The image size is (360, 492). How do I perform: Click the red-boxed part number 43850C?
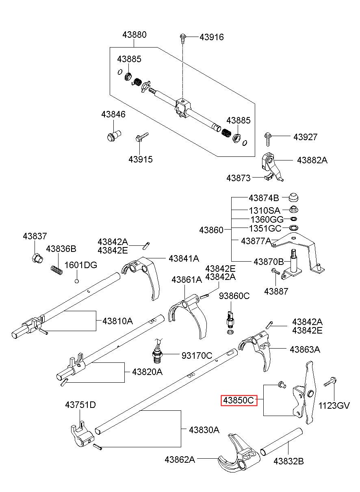click(x=239, y=401)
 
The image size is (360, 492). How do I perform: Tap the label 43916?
click(x=212, y=37)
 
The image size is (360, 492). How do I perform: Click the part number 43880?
click(x=134, y=35)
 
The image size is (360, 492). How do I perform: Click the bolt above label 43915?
click(x=142, y=137)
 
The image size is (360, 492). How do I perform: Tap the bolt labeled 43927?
click(x=268, y=139)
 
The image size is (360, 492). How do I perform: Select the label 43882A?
click(x=312, y=160)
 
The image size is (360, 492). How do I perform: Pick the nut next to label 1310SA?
click(x=294, y=209)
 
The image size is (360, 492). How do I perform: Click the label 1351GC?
click(x=265, y=229)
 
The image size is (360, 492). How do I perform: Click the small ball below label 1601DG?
click(x=77, y=281)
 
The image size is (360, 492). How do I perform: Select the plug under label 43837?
click(x=37, y=259)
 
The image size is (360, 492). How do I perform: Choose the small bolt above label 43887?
click(x=275, y=271)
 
